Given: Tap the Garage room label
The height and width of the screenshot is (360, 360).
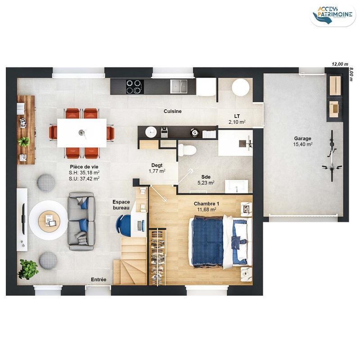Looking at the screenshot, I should click(x=302, y=138).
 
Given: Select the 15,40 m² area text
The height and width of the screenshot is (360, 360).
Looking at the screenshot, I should click(x=303, y=144).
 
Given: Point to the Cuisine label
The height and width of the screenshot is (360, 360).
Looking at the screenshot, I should click(x=172, y=111).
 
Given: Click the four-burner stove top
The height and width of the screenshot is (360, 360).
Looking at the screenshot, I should click(x=134, y=86).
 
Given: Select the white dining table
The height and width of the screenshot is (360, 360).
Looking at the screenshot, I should click(x=82, y=133).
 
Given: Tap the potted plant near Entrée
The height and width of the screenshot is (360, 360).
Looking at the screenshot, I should click(x=28, y=269).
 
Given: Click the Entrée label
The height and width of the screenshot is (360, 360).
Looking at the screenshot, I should click(x=99, y=280).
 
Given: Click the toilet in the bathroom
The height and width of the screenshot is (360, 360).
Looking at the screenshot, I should click(x=186, y=149).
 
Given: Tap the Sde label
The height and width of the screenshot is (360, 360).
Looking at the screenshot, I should click(x=206, y=177).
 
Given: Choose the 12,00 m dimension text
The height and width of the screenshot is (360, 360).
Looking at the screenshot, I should click(x=340, y=64).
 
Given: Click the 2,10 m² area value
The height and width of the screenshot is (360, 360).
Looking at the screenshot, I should click(x=237, y=122).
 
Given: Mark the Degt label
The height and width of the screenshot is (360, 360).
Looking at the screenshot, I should click(x=157, y=165).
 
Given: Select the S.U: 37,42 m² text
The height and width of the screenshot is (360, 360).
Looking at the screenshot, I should click(x=84, y=178).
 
